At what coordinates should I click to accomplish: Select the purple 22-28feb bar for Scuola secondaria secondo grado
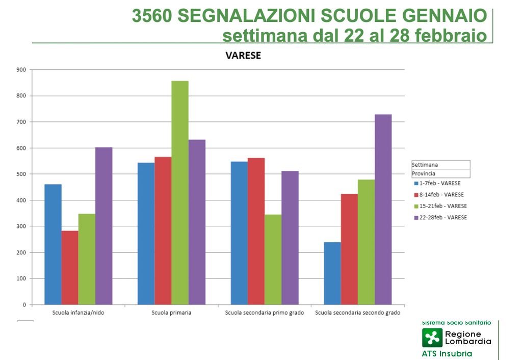click(383, 210)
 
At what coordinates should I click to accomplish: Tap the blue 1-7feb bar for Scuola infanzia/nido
click(53, 244)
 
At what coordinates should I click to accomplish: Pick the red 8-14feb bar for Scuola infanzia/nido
click(70, 268)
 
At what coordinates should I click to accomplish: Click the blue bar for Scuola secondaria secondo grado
click(332, 273)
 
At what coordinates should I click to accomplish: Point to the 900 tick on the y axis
click(21, 69)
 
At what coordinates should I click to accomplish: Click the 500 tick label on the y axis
click(21, 174)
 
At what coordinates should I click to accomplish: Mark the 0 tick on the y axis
click(24, 305)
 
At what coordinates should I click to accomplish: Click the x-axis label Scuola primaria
click(172, 313)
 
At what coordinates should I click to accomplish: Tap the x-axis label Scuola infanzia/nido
click(78, 313)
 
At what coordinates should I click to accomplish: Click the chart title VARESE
click(243, 56)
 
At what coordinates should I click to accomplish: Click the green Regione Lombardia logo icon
click(432, 338)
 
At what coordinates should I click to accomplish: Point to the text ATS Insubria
click(447, 354)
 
